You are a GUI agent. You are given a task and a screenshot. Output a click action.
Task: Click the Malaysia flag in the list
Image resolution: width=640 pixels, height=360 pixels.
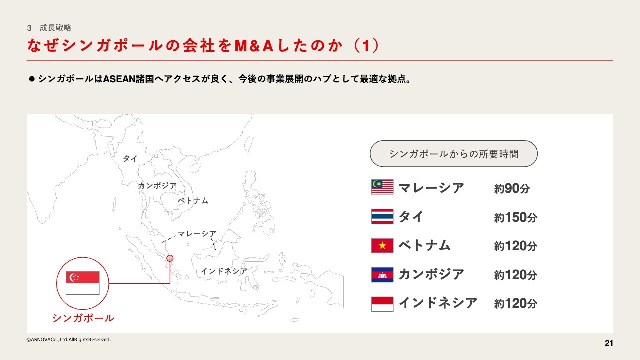coord(382,187)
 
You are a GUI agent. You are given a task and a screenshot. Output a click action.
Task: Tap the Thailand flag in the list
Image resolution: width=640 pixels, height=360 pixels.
coord(382,216)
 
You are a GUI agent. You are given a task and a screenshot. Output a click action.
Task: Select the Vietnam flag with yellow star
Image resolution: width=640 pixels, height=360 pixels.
coord(382,245)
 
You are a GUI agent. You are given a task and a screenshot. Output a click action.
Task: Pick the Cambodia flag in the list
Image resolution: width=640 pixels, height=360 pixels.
coord(382,275)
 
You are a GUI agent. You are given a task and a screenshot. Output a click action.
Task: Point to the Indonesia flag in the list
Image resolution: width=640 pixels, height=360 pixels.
coord(382,304)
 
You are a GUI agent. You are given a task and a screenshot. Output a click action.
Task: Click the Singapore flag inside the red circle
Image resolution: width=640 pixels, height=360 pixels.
coord(83,283)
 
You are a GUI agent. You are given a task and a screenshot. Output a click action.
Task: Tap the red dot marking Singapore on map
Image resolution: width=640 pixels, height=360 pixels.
coord(170,258)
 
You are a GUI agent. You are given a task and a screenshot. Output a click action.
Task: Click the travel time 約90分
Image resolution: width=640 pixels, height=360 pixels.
coord(512,188)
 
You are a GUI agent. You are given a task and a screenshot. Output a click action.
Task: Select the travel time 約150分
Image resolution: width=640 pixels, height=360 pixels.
coord(515,217)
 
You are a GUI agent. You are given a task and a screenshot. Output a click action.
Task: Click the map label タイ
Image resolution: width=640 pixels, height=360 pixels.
coord(130,159)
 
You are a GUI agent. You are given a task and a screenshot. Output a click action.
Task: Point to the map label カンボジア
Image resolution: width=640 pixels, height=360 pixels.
coord(157,186)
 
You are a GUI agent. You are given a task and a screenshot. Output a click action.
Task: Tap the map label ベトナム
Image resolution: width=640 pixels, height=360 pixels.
coord(193,201)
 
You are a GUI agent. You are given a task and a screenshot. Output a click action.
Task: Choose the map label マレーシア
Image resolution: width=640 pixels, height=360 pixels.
coord(197,234)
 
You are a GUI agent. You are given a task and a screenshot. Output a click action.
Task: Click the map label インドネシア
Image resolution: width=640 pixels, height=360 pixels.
coord(224,271)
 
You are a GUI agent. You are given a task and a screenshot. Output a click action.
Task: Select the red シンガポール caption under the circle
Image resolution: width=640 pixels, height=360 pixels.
coord(83,318)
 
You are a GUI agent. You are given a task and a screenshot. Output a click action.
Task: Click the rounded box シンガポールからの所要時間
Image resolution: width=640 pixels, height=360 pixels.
coord(454,154)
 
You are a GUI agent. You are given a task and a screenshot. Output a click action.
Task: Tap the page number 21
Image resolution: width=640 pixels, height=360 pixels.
coord(609,343)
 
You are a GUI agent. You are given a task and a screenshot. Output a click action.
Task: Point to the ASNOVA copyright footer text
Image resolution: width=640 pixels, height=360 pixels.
coord(69,339)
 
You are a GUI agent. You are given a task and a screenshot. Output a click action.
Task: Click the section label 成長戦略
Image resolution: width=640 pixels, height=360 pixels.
coord(55,28)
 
